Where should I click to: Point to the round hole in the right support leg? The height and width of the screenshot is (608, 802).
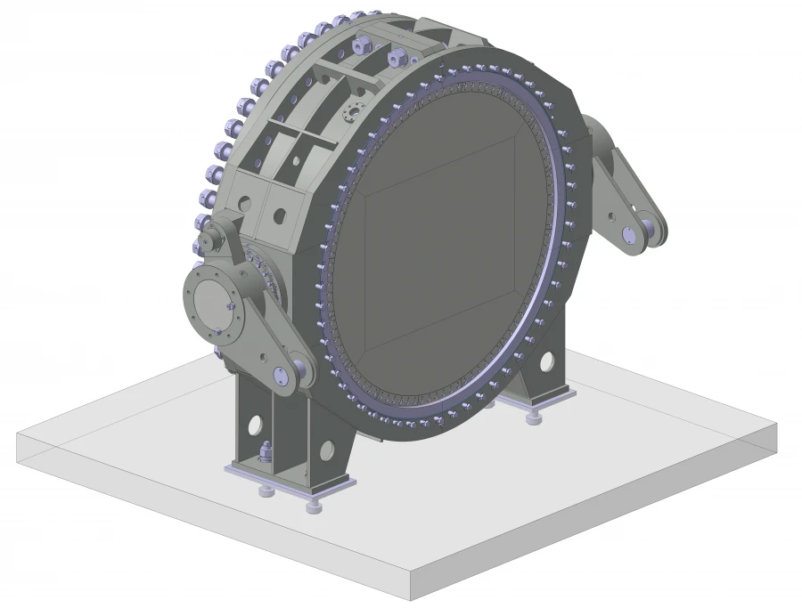pos(545,361)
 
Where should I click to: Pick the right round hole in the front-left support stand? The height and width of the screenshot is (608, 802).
pos(327,450)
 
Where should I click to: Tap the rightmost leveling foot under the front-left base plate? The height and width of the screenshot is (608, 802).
pos(315,507)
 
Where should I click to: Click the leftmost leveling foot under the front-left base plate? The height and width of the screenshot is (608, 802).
pos(265,490)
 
